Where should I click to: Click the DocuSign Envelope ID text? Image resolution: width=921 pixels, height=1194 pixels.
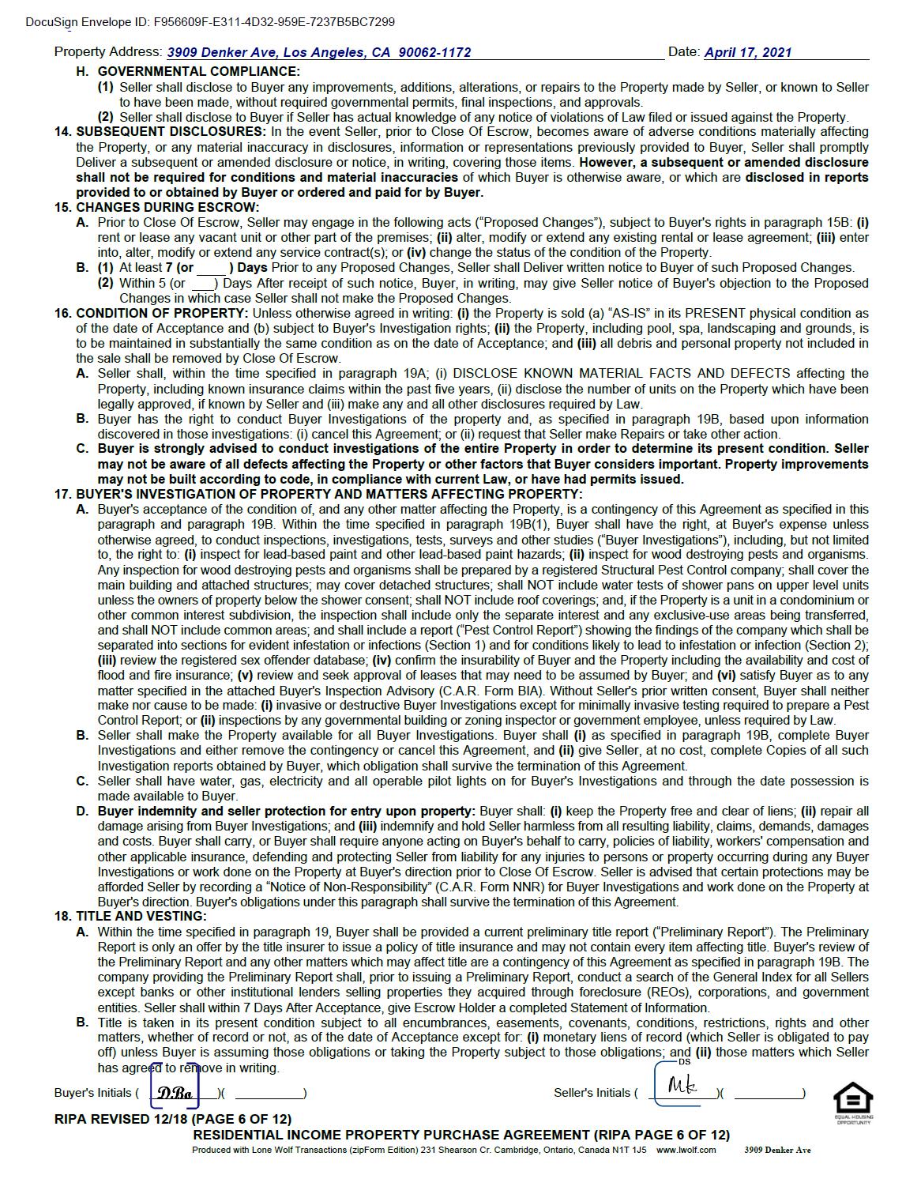coord(210,22)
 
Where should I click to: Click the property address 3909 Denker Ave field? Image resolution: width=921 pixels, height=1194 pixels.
coord(319,53)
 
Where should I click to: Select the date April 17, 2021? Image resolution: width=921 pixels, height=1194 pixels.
coord(747,53)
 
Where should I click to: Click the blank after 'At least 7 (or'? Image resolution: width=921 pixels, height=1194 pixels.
coord(212,269)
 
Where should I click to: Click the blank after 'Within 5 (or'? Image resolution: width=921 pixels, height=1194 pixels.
coord(203,284)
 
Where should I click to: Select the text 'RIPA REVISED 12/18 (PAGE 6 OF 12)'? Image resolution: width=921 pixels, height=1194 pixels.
coord(173,1120)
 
